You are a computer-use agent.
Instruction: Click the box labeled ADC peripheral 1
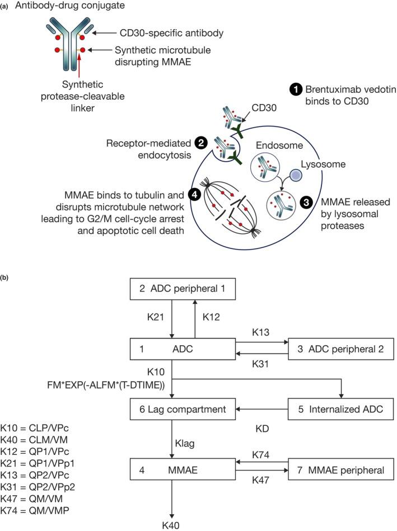pos(183,289)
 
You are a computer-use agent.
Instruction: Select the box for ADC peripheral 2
pos(340,349)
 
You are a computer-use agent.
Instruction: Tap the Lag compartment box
pos(183,409)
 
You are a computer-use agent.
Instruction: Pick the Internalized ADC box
pos(340,409)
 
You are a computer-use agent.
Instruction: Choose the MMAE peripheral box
pos(340,470)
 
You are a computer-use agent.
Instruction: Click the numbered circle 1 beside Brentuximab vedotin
pos(296,90)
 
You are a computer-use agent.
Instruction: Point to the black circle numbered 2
pos(200,143)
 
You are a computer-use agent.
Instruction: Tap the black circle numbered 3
pos(306,203)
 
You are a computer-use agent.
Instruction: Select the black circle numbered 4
pos(194,195)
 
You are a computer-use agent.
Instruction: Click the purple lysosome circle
pos(295,175)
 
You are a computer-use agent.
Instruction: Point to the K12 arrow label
pos(211,317)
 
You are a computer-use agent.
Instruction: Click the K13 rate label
pos(260,332)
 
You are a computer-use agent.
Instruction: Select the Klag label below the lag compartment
pos(185,443)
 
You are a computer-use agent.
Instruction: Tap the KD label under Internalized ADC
pos(262,429)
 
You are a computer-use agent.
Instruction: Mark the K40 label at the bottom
pos(171,525)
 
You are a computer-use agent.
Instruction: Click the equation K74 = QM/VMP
pos(35,510)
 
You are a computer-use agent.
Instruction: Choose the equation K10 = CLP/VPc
pos(35,428)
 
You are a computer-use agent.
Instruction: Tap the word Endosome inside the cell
pos(279,145)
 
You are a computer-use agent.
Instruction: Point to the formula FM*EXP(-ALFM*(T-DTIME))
pos(106,385)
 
